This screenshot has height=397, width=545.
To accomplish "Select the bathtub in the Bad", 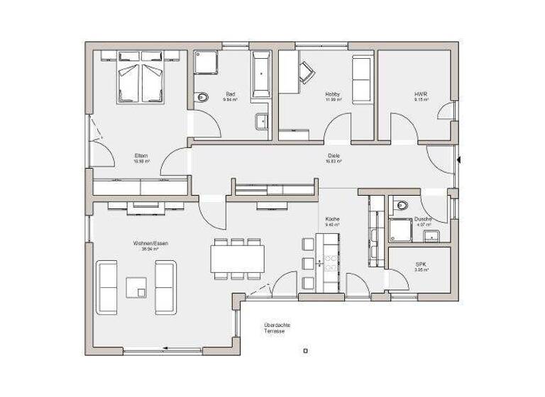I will tap(260, 74).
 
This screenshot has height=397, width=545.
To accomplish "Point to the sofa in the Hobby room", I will tap(361, 80).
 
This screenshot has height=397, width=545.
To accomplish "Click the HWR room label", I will tap(421, 94).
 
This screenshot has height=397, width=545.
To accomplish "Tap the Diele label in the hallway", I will tap(333, 157).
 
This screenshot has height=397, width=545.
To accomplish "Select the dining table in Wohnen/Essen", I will tap(237, 258).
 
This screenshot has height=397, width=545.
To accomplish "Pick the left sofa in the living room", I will tap(108, 287).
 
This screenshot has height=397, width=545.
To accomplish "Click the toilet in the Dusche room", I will tap(402, 206).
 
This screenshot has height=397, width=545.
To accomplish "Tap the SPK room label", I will tap(421, 265).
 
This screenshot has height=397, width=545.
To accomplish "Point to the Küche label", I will tap(333, 220).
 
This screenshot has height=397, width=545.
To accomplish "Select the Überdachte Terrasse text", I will tap(276, 328).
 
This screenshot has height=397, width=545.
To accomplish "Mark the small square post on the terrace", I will tap(305, 350).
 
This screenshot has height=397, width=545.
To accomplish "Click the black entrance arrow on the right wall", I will tap(460, 160).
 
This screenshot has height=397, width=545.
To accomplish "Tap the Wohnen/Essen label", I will tap(150, 243).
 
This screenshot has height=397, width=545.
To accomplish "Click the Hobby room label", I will tap(333, 94).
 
